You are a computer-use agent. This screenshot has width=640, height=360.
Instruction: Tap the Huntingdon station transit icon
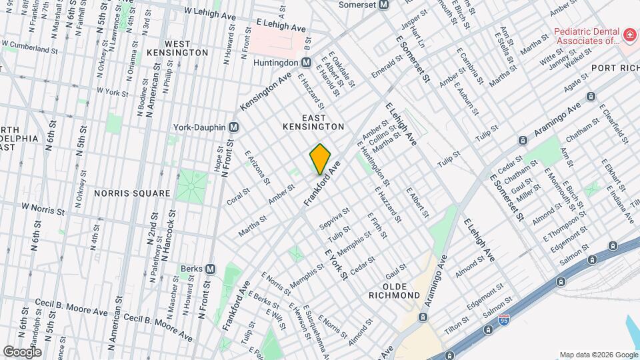tap(306, 62)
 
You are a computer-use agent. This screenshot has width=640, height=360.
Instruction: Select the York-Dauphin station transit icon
tap(233, 127)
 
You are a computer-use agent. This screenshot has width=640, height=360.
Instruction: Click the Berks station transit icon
tap(210, 269)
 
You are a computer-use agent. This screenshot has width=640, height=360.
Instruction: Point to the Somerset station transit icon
tap(383, 5)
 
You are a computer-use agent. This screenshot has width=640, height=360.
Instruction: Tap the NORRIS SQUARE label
tap(132, 193)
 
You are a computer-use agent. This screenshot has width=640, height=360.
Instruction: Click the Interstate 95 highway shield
tap(489, 329)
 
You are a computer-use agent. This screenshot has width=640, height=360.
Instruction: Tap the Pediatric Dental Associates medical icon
tap(628, 34)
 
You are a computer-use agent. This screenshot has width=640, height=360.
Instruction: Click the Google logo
tap(22, 351)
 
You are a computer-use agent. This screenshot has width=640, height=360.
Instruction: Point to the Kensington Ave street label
tap(266, 93)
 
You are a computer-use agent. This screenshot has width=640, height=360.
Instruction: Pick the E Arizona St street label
tap(257, 166)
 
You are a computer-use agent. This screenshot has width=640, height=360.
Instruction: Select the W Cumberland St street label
tap(33, 49)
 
